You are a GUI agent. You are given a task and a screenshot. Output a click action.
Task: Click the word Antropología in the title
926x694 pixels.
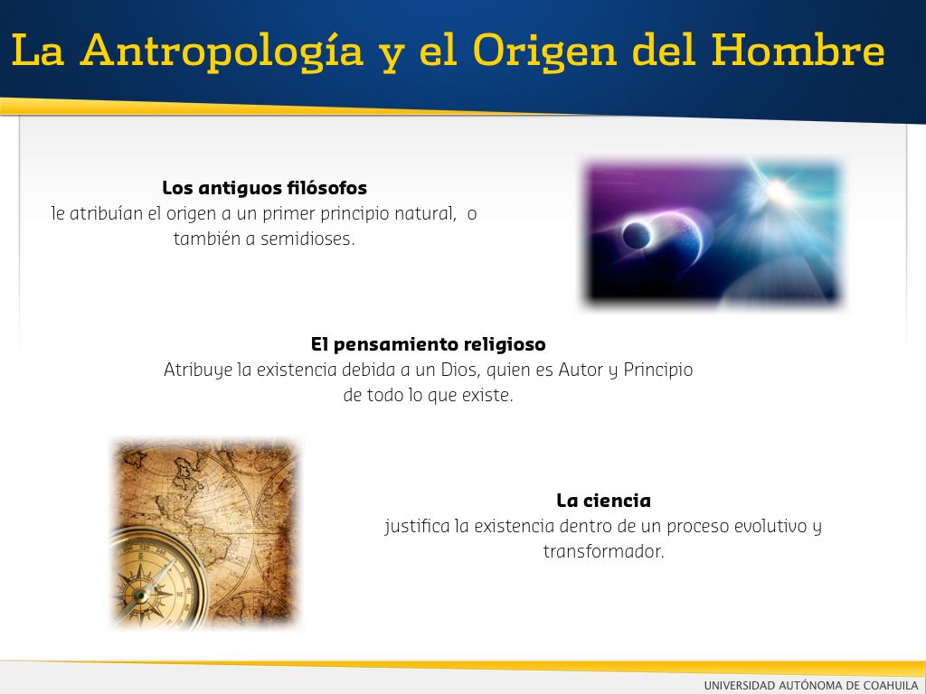click(222, 52)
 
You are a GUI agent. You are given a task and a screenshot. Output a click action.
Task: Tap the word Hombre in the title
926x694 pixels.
click(798, 50)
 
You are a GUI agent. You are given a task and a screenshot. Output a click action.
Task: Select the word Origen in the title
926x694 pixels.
click(545, 52)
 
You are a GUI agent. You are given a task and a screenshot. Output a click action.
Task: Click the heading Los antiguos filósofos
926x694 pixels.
click(265, 188)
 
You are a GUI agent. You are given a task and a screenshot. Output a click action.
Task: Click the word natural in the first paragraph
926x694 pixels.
click(425, 213)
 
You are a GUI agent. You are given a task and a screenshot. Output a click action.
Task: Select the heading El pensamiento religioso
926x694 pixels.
click(428, 344)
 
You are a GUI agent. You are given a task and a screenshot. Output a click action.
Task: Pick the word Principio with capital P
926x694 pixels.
click(658, 370)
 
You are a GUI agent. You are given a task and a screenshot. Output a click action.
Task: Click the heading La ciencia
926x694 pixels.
click(603, 501)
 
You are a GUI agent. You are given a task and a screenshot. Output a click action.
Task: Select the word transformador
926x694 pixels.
click(603, 552)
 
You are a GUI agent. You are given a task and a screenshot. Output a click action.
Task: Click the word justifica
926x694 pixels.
click(417, 527)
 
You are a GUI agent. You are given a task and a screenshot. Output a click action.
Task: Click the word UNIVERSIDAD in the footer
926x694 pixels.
click(740, 685)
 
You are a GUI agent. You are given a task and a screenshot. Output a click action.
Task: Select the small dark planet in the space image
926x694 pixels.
click(637, 236)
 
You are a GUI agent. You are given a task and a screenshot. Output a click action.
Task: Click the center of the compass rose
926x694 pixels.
click(142, 595)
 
